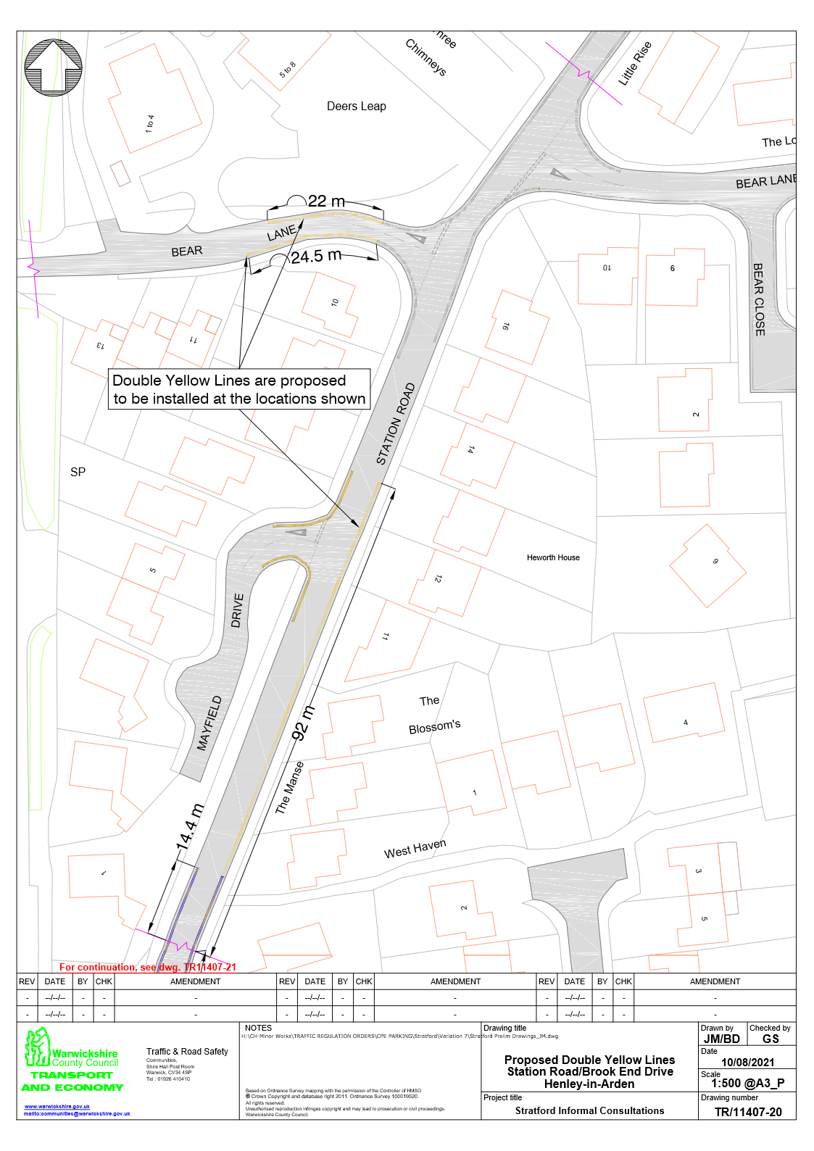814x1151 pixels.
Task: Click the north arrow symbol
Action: [x=53, y=67]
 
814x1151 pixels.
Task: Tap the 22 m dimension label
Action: [x=326, y=201]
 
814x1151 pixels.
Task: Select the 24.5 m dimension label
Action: [x=316, y=256]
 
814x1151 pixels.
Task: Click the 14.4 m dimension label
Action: [x=189, y=826]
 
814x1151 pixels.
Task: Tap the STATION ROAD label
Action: [x=396, y=423]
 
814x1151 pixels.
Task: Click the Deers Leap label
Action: [x=356, y=106]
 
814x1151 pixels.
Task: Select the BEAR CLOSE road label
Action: [x=759, y=299]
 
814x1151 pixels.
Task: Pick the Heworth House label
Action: [x=553, y=557]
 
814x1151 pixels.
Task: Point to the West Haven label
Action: [x=415, y=848]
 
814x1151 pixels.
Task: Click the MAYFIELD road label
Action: [x=209, y=723]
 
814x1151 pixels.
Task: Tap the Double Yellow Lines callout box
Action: [x=239, y=389]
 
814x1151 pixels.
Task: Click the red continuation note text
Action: [x=148, y=967]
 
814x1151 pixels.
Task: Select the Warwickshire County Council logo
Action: [x=72, y=1060]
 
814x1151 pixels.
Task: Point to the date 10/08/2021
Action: [x=747, y=1063]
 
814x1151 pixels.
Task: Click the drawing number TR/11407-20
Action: [x=748, y=1112]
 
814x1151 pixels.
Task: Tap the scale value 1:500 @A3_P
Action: [x=747, y=1084]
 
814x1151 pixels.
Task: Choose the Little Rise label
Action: [x=635, y=63]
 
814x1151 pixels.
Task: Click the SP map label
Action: [x=78, y=472]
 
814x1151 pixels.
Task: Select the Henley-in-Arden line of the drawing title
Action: [x=589, y=1084]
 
